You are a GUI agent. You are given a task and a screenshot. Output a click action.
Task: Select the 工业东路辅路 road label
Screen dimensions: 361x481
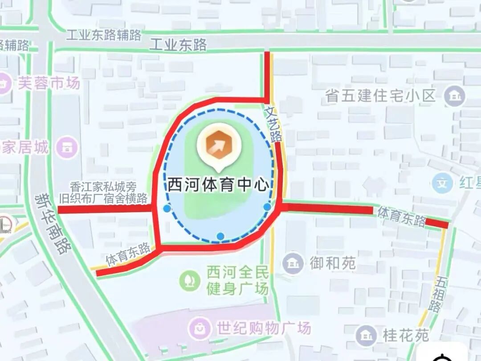103,35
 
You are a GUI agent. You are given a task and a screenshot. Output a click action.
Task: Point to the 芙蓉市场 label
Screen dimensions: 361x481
49,83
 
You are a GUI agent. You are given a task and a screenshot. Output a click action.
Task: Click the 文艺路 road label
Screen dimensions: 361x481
273,124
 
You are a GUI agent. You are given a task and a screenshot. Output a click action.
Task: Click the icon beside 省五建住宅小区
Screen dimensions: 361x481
455,96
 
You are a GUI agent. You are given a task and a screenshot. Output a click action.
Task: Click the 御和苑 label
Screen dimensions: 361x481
333,263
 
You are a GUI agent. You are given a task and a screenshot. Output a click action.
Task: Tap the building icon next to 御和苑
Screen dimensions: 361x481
293,263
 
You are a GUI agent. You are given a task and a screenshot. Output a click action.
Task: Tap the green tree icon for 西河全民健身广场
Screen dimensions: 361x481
190,281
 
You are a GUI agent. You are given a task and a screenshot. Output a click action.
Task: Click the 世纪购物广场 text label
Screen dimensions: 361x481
264,328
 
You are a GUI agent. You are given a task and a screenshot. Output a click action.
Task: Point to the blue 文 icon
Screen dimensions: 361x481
442,183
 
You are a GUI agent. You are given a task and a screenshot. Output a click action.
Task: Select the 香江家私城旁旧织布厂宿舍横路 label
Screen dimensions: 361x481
103,193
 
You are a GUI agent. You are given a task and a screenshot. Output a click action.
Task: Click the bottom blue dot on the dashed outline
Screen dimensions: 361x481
220,236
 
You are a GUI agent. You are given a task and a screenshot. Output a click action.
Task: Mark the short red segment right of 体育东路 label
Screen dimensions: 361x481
436,223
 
